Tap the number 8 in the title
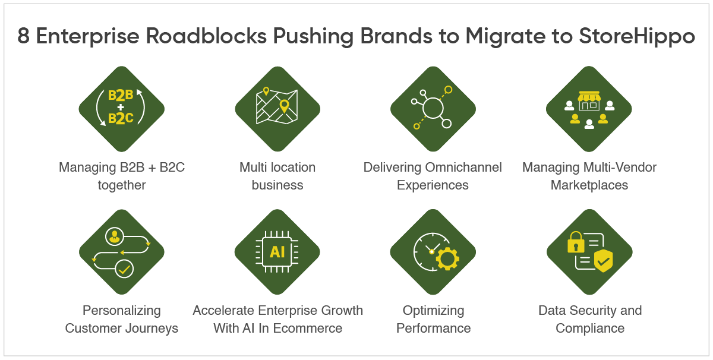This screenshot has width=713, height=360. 24,36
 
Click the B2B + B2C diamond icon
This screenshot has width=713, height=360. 121,109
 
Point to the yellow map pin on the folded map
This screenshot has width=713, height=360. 284,106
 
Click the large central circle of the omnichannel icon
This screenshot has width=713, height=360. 433,108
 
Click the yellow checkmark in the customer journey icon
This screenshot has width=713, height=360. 124,269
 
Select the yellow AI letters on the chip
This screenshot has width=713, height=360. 277,252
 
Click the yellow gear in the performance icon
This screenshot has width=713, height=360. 447,259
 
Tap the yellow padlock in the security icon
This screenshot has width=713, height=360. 576,242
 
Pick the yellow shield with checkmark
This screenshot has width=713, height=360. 603,260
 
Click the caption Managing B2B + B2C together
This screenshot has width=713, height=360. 122,176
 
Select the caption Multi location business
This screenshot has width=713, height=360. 277,176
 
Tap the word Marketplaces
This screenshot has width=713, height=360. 589,185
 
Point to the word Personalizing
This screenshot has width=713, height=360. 122,310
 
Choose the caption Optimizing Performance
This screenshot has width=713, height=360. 433,319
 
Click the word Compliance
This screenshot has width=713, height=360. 590,328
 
